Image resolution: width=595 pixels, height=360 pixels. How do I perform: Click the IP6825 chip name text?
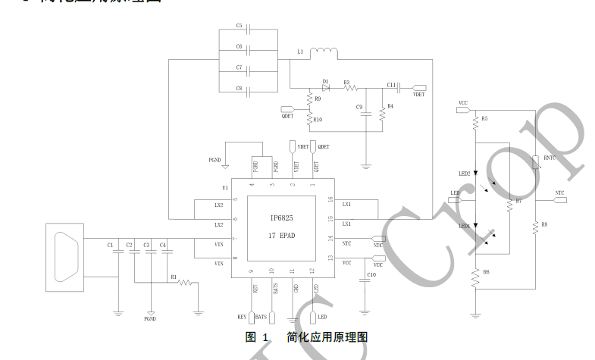[281, 218]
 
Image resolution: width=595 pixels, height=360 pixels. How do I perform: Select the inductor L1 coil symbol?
[324, 52]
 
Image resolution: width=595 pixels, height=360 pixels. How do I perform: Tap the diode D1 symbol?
[326, 87]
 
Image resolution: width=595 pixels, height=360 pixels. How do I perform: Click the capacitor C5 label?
[239, 25]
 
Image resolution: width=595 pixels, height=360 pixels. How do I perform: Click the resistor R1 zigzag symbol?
[186, 283]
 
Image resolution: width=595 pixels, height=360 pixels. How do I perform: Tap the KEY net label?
[242, 316]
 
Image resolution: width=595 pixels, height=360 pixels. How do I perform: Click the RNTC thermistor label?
[550, 158]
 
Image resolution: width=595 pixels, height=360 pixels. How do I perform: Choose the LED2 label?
[464, 174]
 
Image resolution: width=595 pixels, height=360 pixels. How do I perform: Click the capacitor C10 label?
[371, 274]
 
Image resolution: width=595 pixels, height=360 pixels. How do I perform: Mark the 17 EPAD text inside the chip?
[282, 236]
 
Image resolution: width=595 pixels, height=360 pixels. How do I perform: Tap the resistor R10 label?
[318, 120]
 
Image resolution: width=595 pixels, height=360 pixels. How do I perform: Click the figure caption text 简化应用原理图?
[327, 337]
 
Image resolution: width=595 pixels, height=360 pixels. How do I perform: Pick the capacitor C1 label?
[111, 245]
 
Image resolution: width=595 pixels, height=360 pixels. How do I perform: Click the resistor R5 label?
[484, 119]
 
